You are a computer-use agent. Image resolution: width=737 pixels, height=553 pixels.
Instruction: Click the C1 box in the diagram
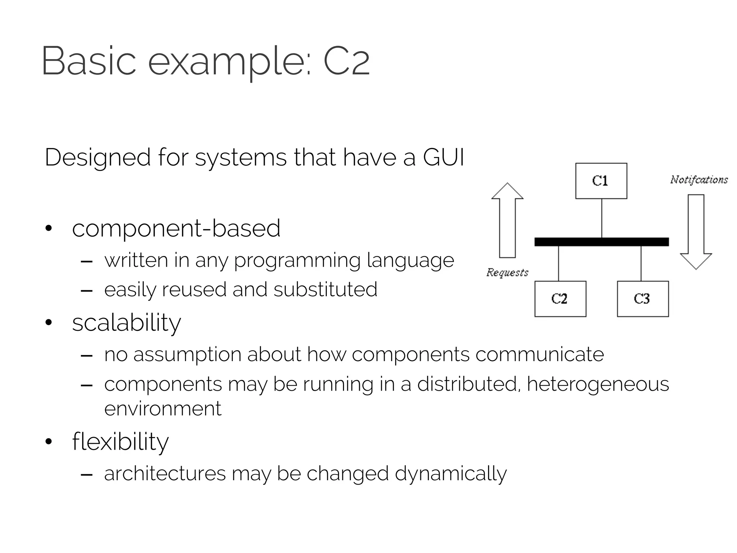(601, 181)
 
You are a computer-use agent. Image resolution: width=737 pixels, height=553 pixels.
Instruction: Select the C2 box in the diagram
(560, 299)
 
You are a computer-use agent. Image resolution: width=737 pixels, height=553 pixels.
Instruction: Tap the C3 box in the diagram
(643, 299)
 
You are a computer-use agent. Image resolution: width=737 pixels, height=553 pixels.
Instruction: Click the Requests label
(507, 273)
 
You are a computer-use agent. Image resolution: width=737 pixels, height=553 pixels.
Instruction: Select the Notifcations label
(699, 180)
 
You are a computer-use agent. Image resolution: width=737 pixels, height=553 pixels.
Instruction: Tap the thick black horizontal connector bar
(602, 242)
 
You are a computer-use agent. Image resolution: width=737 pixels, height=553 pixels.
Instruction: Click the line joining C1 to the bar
(602, 218)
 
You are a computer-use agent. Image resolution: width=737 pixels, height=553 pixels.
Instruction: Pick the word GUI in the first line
(443, 158)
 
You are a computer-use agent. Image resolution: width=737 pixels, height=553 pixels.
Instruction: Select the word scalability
(126, 323)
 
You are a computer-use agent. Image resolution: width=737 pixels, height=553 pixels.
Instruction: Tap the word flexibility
(120, 441)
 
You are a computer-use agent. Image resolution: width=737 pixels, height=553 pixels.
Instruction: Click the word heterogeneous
(598, 384)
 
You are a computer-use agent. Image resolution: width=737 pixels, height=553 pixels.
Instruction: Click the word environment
(163, 409)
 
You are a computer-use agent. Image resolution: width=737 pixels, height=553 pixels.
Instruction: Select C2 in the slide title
(347, 61)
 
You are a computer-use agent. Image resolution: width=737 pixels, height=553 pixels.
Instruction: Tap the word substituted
(325, 289)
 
